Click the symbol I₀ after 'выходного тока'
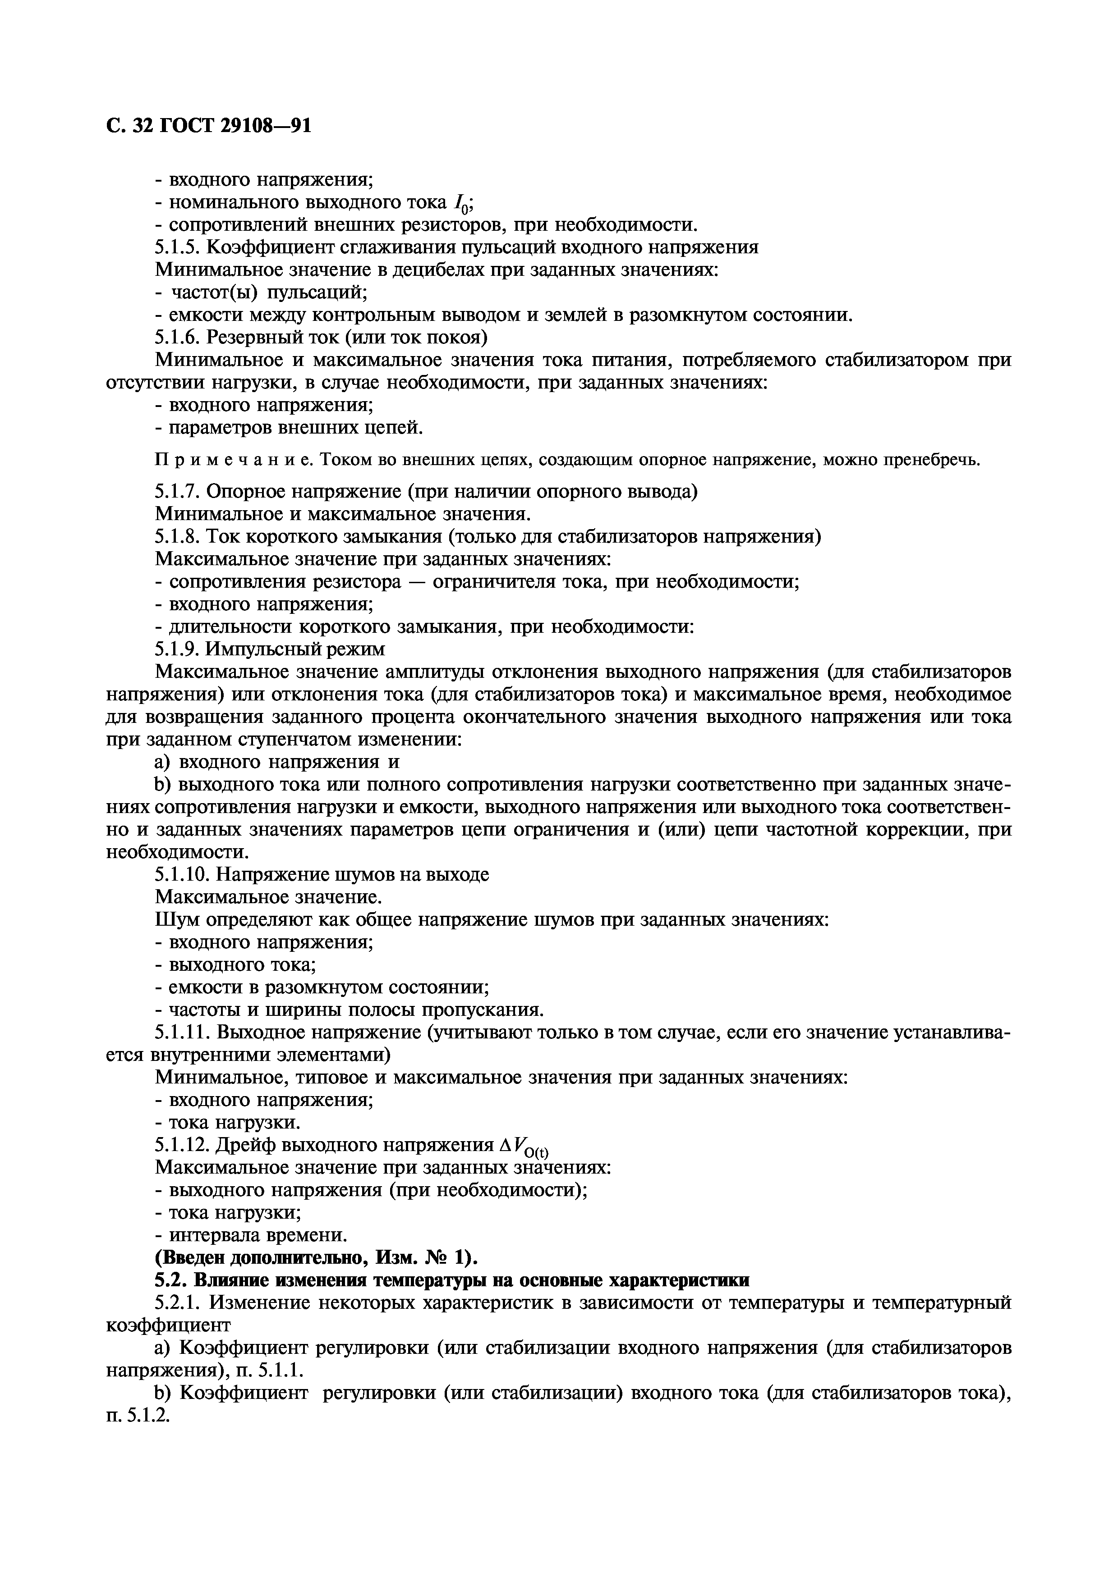coord(461,204)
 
